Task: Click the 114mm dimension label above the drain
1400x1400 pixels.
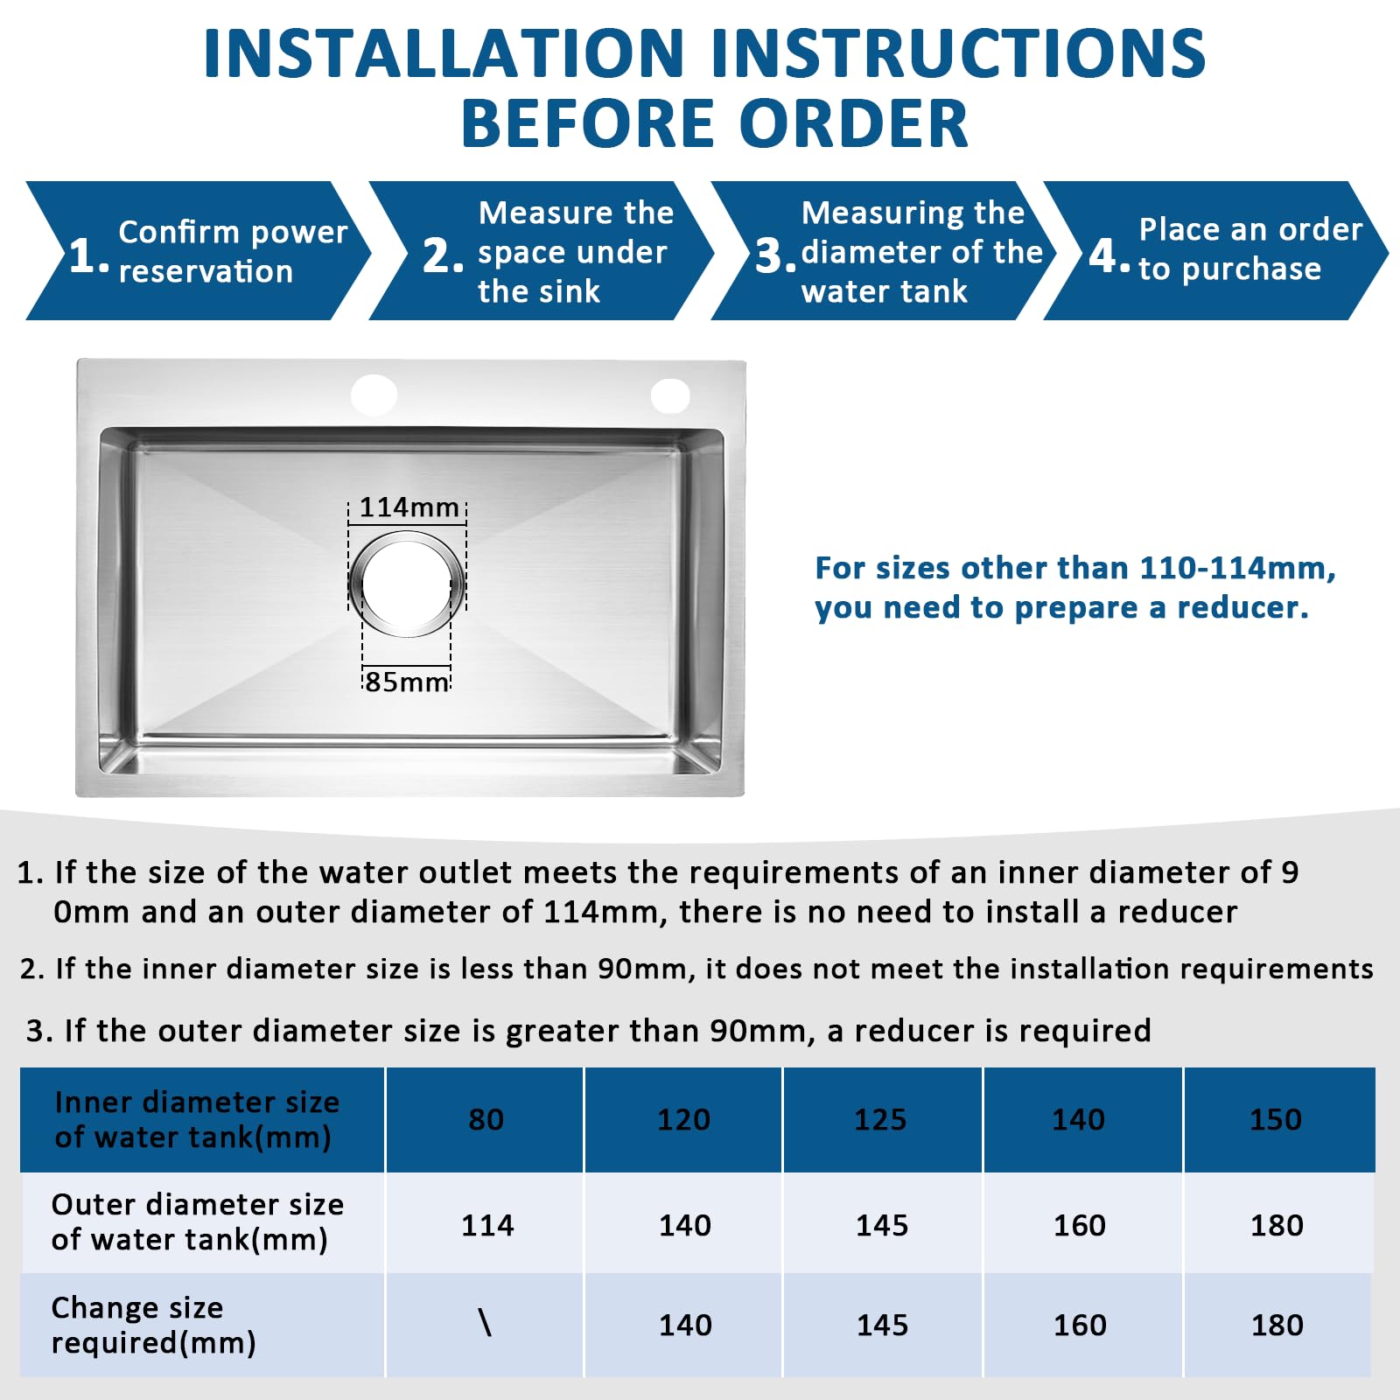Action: click(409, 507)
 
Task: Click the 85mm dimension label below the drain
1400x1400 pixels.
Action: click(407, 682)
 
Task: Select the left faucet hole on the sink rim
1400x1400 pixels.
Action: click(374, 395)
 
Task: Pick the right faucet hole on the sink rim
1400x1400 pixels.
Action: click(670, 395)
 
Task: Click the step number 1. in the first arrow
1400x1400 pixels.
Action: click(89, 255)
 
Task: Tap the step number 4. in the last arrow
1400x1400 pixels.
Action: click(1109, 255)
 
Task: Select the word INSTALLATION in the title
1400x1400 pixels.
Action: click(444, 53)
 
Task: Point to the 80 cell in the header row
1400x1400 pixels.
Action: click(486, 1120)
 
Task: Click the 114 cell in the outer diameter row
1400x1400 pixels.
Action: click(487, 1225)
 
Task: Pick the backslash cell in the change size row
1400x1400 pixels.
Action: click(486, 1323)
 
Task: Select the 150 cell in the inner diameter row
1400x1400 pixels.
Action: click(1276, 1120)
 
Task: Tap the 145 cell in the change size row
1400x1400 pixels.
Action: click(882, 1325)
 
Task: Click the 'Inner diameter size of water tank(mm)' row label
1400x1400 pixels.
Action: click(197, 1120)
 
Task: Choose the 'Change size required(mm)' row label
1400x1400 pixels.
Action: click(154, 1325)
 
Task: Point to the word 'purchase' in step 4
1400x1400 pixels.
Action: click(1251, 269)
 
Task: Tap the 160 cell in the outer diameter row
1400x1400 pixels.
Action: click(1080, 1225)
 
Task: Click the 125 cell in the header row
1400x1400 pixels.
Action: click(880, 1120)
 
